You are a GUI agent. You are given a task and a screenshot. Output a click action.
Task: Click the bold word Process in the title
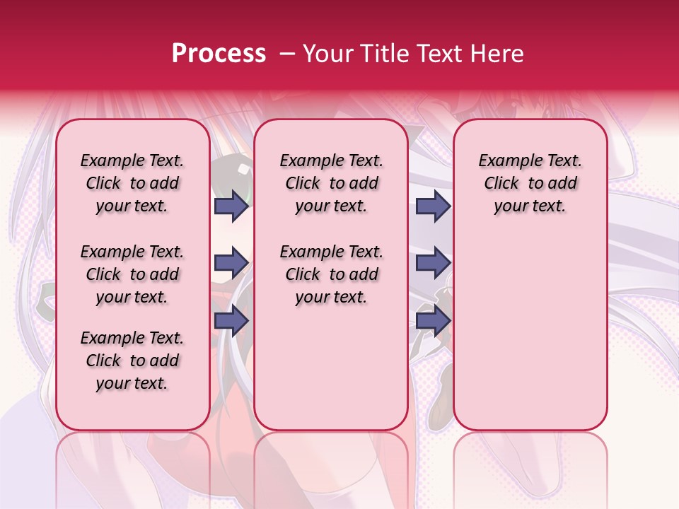[x=219, y=54]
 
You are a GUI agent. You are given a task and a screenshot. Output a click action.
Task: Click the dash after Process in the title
[x=286, y=54]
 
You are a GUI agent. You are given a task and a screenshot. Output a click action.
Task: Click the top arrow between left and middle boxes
[x=231, y=206]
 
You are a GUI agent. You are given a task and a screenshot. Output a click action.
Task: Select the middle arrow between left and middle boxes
[x=231, y=263]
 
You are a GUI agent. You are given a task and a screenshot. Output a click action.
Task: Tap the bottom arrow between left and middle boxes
[x=231, y=321]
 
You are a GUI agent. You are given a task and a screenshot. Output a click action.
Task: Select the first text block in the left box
[x=132, y=183]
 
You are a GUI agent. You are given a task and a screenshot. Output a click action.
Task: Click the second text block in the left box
[x=132, y=274]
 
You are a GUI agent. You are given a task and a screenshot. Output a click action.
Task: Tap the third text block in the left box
[x=132, y=361]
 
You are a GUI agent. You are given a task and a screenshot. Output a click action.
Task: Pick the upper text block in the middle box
[x=331, y=183]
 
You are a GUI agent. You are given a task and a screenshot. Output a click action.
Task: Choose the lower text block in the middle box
[x=331, y=274]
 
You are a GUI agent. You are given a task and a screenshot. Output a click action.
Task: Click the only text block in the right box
[x=530, y=183]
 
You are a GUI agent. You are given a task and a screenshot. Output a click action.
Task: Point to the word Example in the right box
[x=506, y=161]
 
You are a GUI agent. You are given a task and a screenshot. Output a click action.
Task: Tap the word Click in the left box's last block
[x=104, y=361]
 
